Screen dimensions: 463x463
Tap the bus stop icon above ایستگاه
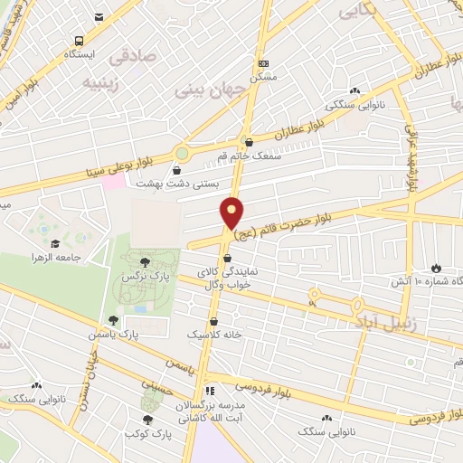(79, 41)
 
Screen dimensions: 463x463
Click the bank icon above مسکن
(263, 63)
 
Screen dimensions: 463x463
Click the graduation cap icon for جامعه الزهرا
(55, 243)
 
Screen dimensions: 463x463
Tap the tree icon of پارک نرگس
(145, 262)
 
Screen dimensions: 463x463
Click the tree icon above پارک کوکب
(147, 419)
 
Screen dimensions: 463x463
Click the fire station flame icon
(436, 269)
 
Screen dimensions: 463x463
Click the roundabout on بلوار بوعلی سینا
(184, 153)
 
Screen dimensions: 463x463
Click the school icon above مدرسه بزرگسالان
(211, 392)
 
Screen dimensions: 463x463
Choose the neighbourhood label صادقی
(133, 57)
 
